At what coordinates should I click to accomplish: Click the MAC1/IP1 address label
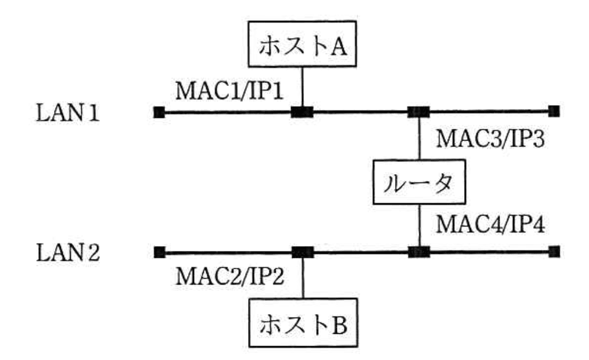click(231, 91)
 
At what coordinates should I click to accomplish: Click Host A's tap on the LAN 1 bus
click(302, 112)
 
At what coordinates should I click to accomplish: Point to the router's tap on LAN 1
click(418, 111)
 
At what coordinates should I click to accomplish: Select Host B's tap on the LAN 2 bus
click(302, 252)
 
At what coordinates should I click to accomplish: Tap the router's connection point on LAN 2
click(418, 251)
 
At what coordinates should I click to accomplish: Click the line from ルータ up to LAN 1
click(419, 139)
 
